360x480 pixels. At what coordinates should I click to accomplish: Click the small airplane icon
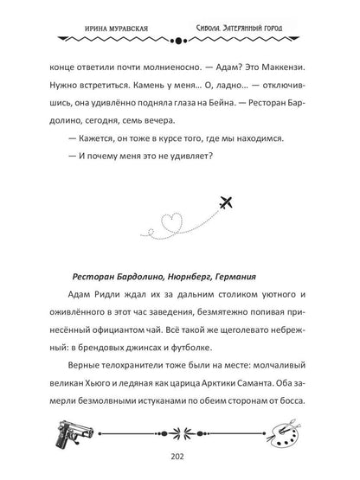coord(228,204)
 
